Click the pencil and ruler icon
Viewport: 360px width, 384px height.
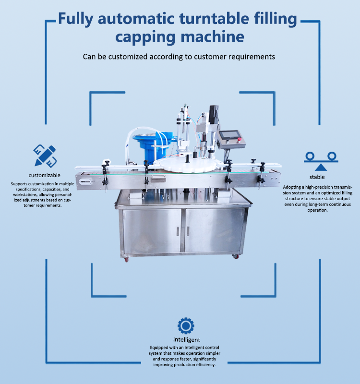45,156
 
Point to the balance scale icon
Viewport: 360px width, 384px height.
321,161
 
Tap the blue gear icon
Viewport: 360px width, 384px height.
186,326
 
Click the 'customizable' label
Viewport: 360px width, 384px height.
44,175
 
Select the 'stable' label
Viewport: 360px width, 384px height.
317,177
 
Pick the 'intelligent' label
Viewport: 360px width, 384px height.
187,340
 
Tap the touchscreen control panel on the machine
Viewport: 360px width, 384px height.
231,139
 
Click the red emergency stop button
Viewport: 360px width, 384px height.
239,140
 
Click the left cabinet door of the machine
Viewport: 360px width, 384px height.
152,230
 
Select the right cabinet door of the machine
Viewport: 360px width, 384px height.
214,230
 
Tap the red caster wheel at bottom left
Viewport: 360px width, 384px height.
126,259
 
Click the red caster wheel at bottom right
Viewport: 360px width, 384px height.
235,256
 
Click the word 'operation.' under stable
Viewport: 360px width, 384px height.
318,210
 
